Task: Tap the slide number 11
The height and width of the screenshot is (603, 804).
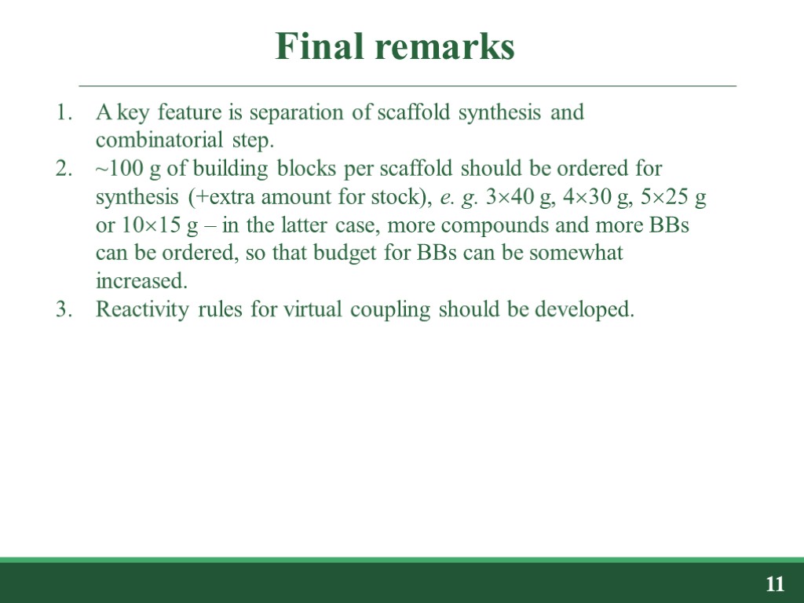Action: pos(775,584)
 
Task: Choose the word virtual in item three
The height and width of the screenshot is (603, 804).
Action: pos(308,310)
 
